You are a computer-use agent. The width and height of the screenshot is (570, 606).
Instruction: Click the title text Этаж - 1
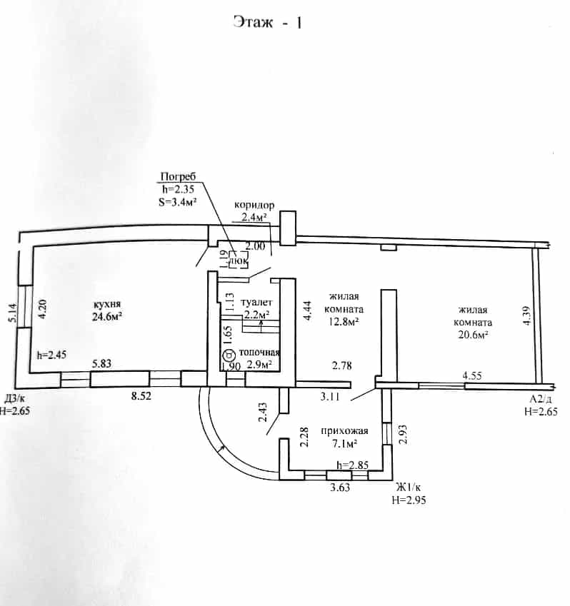(268, 22)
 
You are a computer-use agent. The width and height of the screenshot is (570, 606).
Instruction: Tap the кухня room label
(107, 304)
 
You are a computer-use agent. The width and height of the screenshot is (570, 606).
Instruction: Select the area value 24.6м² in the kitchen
(107, 317)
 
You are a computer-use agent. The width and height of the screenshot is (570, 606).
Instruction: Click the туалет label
(256, 302)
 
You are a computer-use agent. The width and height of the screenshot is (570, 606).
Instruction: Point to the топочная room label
(259, 352)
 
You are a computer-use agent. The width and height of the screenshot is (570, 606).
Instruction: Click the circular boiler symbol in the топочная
(229, 354)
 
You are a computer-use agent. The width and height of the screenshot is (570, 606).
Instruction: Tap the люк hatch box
(239, 260)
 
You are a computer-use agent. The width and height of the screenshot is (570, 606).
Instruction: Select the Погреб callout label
(179, 176)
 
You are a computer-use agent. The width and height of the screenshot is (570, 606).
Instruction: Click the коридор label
(254, 205)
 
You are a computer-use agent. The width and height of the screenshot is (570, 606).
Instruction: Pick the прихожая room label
(344, 431)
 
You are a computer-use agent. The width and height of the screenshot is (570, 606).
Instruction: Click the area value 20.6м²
(473, 335)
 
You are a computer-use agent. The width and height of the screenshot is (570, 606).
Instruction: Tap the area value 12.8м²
(344, 321)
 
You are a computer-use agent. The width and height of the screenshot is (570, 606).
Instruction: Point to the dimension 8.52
(141, 395)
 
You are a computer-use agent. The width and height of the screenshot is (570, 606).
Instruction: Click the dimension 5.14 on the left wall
(13, 313)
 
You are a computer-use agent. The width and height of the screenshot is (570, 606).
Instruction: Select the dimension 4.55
(472, 375)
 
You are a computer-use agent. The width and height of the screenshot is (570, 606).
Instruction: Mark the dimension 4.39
(526, 316)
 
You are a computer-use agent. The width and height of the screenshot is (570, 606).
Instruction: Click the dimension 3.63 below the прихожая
(340, 488)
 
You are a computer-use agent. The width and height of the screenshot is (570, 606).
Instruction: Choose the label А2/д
(541, 399)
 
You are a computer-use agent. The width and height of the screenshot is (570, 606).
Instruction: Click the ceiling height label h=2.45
(52, 355)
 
